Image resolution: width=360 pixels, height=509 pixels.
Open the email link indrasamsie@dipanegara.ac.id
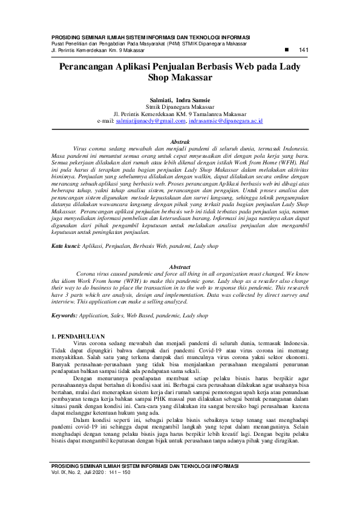pyautogui.click(x=226, y=121)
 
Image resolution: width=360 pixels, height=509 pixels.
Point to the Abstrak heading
pyautogui.click(x=180, y=141)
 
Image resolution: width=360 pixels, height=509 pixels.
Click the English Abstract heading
pyautogui.click(x=180, y=267)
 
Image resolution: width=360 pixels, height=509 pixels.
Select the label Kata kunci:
pyautogui.click(x=65, y=247)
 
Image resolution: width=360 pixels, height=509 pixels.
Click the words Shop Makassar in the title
pyautogui.click(x=180, y=78)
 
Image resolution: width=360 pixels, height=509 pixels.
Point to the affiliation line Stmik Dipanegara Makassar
pyautogui.click(x=180, y=106)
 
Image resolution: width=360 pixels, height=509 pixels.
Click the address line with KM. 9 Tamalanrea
pyautogui.click(x=180, y=113)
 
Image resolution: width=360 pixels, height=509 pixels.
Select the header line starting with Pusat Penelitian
pyautogui.click(x=149, y=44)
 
